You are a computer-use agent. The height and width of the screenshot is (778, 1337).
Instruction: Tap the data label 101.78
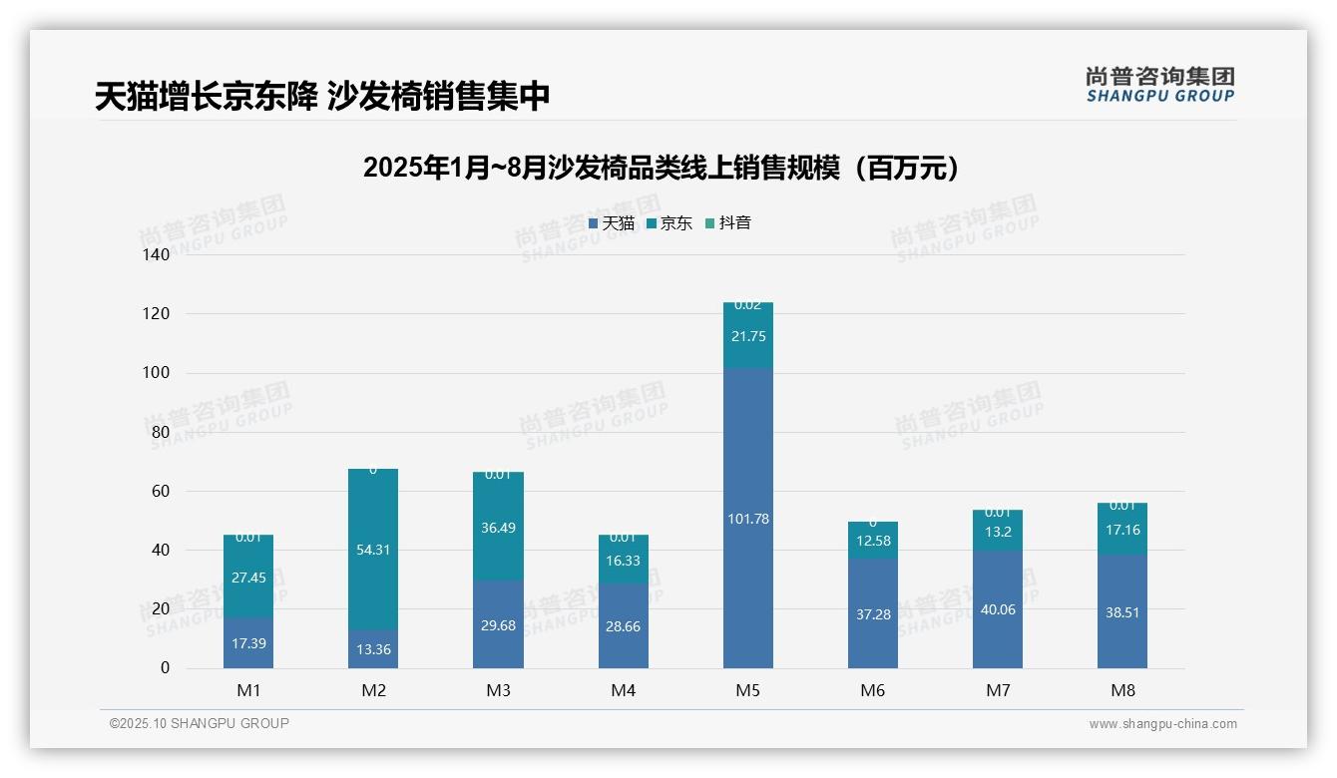(747, 519)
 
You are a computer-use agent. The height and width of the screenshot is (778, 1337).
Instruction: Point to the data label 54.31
(373, 550)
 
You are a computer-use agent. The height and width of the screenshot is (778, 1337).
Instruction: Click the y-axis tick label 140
(157, 255)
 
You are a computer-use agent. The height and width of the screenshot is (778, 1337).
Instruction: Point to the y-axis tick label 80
(161, 432)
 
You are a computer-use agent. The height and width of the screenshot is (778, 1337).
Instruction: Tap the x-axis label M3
(498, 690)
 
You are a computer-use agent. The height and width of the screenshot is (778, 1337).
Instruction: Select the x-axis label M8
(1122, 690)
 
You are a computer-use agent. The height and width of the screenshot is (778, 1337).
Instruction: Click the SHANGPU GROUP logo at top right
(1159, 85)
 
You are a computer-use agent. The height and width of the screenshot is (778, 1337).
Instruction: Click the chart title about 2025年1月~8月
(661, 168)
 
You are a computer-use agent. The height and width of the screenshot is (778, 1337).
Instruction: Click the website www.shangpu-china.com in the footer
(1162, 724)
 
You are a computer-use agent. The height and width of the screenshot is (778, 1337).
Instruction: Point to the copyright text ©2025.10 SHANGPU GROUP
(200, 723)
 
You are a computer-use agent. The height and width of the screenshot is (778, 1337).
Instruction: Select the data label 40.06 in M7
(997, 609)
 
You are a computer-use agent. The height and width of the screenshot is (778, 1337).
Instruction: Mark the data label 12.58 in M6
(872, 541)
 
